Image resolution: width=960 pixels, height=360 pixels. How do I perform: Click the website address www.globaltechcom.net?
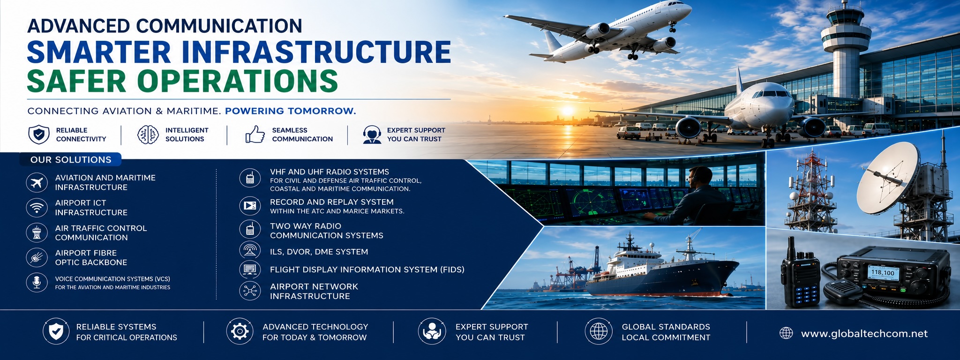864,333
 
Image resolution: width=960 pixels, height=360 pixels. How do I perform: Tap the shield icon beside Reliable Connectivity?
39,135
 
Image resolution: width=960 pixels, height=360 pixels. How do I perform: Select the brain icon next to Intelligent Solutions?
148,135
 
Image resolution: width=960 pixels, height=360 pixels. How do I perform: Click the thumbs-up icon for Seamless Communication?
255,134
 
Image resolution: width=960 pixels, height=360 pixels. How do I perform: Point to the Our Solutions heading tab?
71,159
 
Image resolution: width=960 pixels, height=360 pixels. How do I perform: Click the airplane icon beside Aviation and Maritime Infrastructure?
37,182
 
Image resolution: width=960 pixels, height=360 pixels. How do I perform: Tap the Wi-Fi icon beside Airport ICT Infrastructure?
37,207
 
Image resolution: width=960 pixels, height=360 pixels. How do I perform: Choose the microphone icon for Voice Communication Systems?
37,283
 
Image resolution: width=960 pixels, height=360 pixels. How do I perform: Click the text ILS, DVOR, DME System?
319,252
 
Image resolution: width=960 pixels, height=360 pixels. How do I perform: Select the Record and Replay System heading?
332,202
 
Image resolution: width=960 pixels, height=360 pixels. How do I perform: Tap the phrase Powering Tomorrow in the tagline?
291,111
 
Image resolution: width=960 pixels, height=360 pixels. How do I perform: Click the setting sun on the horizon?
567,112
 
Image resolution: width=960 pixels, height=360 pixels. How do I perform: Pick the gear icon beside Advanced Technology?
240,331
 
